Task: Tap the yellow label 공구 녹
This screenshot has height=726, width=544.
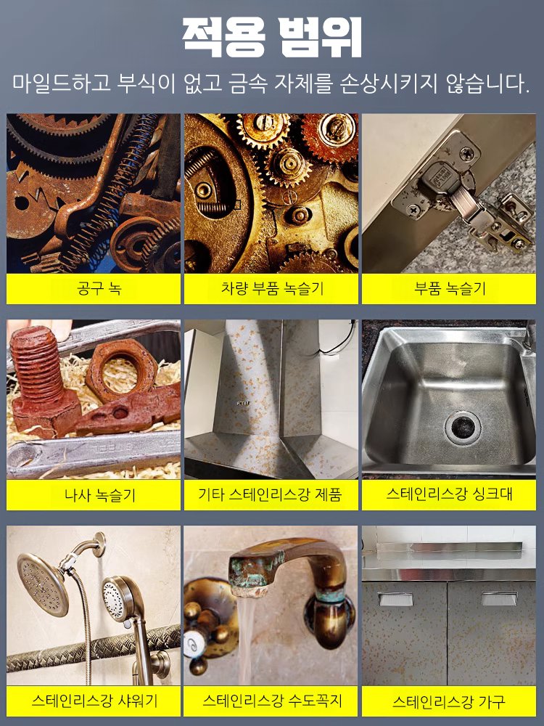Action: tap(94, 289)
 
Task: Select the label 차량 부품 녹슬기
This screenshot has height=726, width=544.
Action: tap(271, 289)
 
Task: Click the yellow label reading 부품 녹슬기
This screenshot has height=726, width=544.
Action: tap(450, 289)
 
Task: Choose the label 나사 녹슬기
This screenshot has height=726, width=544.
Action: tap(94, 496)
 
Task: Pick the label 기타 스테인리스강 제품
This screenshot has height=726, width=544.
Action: tap(270, 496)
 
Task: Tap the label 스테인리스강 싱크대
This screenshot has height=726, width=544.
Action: tap(450, 495)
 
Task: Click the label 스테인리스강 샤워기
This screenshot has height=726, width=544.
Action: tap(94, 701)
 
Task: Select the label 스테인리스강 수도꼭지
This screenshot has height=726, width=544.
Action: tap(271, 701)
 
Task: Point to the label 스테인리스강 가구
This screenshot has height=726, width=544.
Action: tap(450, 702)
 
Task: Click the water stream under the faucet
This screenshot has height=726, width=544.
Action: tap(247, 639)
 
